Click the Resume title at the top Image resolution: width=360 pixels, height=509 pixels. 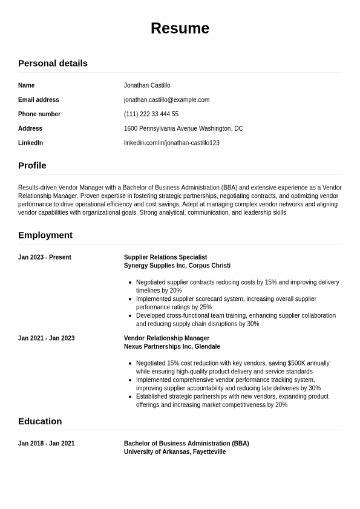[x=180, y=28]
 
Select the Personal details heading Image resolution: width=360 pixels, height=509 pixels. [x=53, y=63]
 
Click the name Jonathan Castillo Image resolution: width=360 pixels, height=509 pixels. [x=147, y=85]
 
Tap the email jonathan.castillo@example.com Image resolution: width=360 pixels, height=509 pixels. [x=166, y=100]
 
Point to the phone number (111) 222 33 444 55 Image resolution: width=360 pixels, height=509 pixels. [x=151, y=114]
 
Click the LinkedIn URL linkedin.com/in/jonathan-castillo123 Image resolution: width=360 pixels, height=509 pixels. [x=172, y=143]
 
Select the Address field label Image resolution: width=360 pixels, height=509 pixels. [x=30, y=128]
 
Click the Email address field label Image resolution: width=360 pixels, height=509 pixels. [x=39, y=100]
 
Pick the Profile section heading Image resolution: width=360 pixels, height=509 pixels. [x=32, y=165]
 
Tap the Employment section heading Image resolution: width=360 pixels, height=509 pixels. [x=45, y=235]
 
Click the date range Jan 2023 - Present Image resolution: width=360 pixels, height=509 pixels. [x=45, y=257]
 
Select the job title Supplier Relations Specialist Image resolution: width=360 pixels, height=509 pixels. [x=165, y=257]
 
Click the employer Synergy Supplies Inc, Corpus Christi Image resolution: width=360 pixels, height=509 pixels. [x=177, y=266]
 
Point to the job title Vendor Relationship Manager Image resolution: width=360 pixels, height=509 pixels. [x=166, y=338]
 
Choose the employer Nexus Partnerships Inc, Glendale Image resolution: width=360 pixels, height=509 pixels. [x=172, y=347]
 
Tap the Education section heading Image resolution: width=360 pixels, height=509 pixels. [x=40, y=421]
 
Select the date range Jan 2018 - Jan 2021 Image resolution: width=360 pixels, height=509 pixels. [x=47, y=444]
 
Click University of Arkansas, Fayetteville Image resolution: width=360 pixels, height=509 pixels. [x=175, y=452]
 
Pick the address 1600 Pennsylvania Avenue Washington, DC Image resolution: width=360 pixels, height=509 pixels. [x=183, y=128]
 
